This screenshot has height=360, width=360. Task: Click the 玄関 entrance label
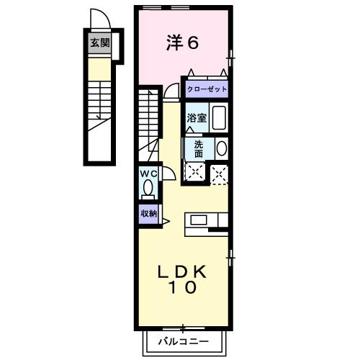[99, 42]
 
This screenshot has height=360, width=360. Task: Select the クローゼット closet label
[207, 89]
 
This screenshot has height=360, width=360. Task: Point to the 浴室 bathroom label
[197, 118]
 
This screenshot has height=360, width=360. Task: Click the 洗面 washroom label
[198, 148]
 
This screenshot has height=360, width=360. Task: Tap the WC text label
[148, 174]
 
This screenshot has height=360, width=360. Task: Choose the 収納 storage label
[148, 213]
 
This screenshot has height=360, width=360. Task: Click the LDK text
[183, 271]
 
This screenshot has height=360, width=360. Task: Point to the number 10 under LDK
[183, 288]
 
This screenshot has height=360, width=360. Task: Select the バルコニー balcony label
[183, 341]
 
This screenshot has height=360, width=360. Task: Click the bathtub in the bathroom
[220, 117]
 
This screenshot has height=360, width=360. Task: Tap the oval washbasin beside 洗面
[222, 148]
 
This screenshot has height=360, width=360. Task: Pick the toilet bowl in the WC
[148, 189]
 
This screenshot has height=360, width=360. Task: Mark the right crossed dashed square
[219, 173]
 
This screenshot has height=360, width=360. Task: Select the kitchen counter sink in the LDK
[199, 219]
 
